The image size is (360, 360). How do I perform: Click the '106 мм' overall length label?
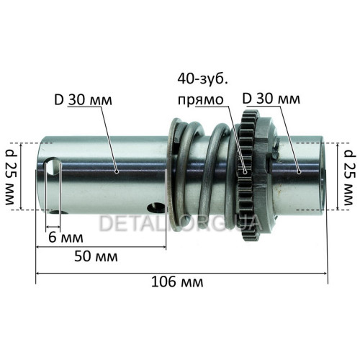tap(177, 282)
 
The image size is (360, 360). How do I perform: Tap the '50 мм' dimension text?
tap(96, 256)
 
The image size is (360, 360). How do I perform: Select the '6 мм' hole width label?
tap(66, 238)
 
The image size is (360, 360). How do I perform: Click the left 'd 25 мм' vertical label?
tap(11, 177)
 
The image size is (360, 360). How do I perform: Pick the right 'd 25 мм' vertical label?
tap(349, 177)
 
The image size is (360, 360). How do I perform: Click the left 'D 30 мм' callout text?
tap(84, 100)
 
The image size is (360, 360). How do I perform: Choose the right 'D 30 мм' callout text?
tap(271, 99)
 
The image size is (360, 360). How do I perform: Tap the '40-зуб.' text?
tap(203, 79)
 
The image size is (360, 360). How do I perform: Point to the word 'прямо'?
tap(201, 100)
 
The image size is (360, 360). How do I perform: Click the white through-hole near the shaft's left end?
tap(53, 166)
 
